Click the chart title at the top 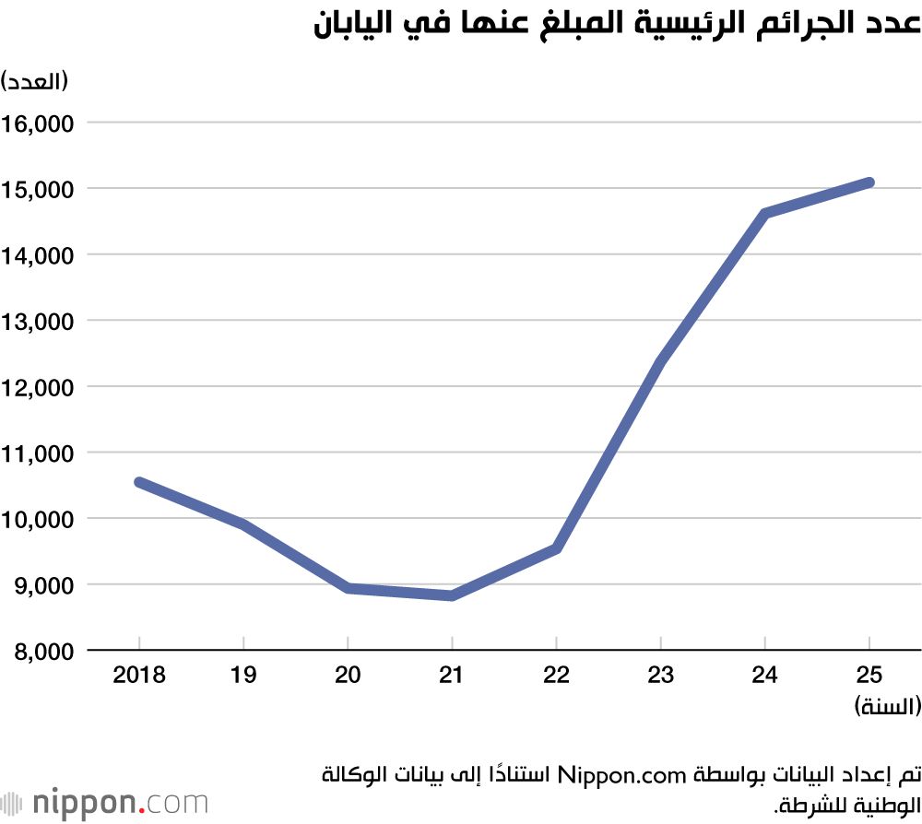[617, 25]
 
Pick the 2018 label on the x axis [138, 676]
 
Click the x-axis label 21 [452, 676]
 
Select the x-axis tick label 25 [869, 676]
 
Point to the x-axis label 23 [661, 676]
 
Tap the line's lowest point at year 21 [452, 595]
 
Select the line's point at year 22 [556, 548]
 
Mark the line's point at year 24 [765, 213]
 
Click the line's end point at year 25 [869, 182]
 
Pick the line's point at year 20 [348, 588]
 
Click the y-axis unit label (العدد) [35, 81]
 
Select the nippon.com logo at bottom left [105, 802]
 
